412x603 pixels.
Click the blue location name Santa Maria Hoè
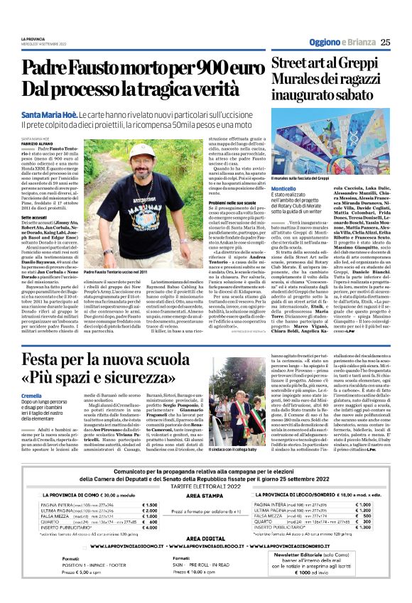[48, 114]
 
